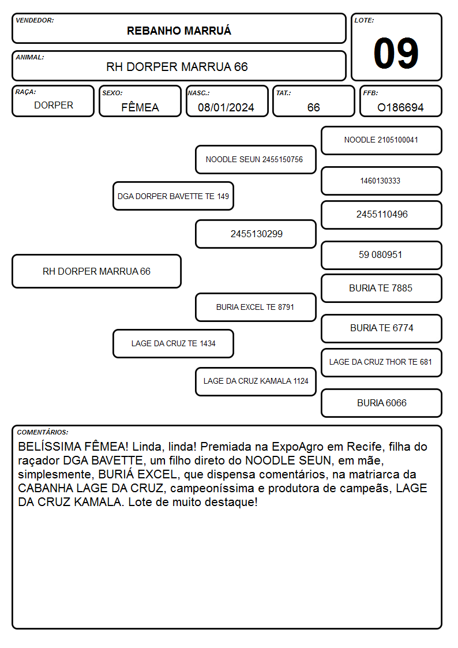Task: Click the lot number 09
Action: point(396,53)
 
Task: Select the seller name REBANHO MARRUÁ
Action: point(179,31)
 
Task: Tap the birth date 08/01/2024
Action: point(226,107)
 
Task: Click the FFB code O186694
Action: point(400,107)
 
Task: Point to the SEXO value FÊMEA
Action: point(140,107)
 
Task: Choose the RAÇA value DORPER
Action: point(54,106)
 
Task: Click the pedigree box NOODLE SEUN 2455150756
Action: point(256,159)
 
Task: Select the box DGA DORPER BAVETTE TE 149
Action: point(173,196)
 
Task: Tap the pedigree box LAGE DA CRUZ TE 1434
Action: point(173,344)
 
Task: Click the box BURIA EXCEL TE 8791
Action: point(256,308)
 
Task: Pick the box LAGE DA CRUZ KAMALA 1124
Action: point(256,381)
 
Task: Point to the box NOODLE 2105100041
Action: point(381,141)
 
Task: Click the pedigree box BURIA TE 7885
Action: point(381,289)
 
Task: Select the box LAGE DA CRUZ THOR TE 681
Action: point(381,362)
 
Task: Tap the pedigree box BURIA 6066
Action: point(381,403)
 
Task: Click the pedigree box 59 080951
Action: point(381,255)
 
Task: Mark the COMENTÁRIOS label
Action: point(43,432)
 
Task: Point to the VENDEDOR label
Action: point(35,20)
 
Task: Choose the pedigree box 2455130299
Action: point(256,234)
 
